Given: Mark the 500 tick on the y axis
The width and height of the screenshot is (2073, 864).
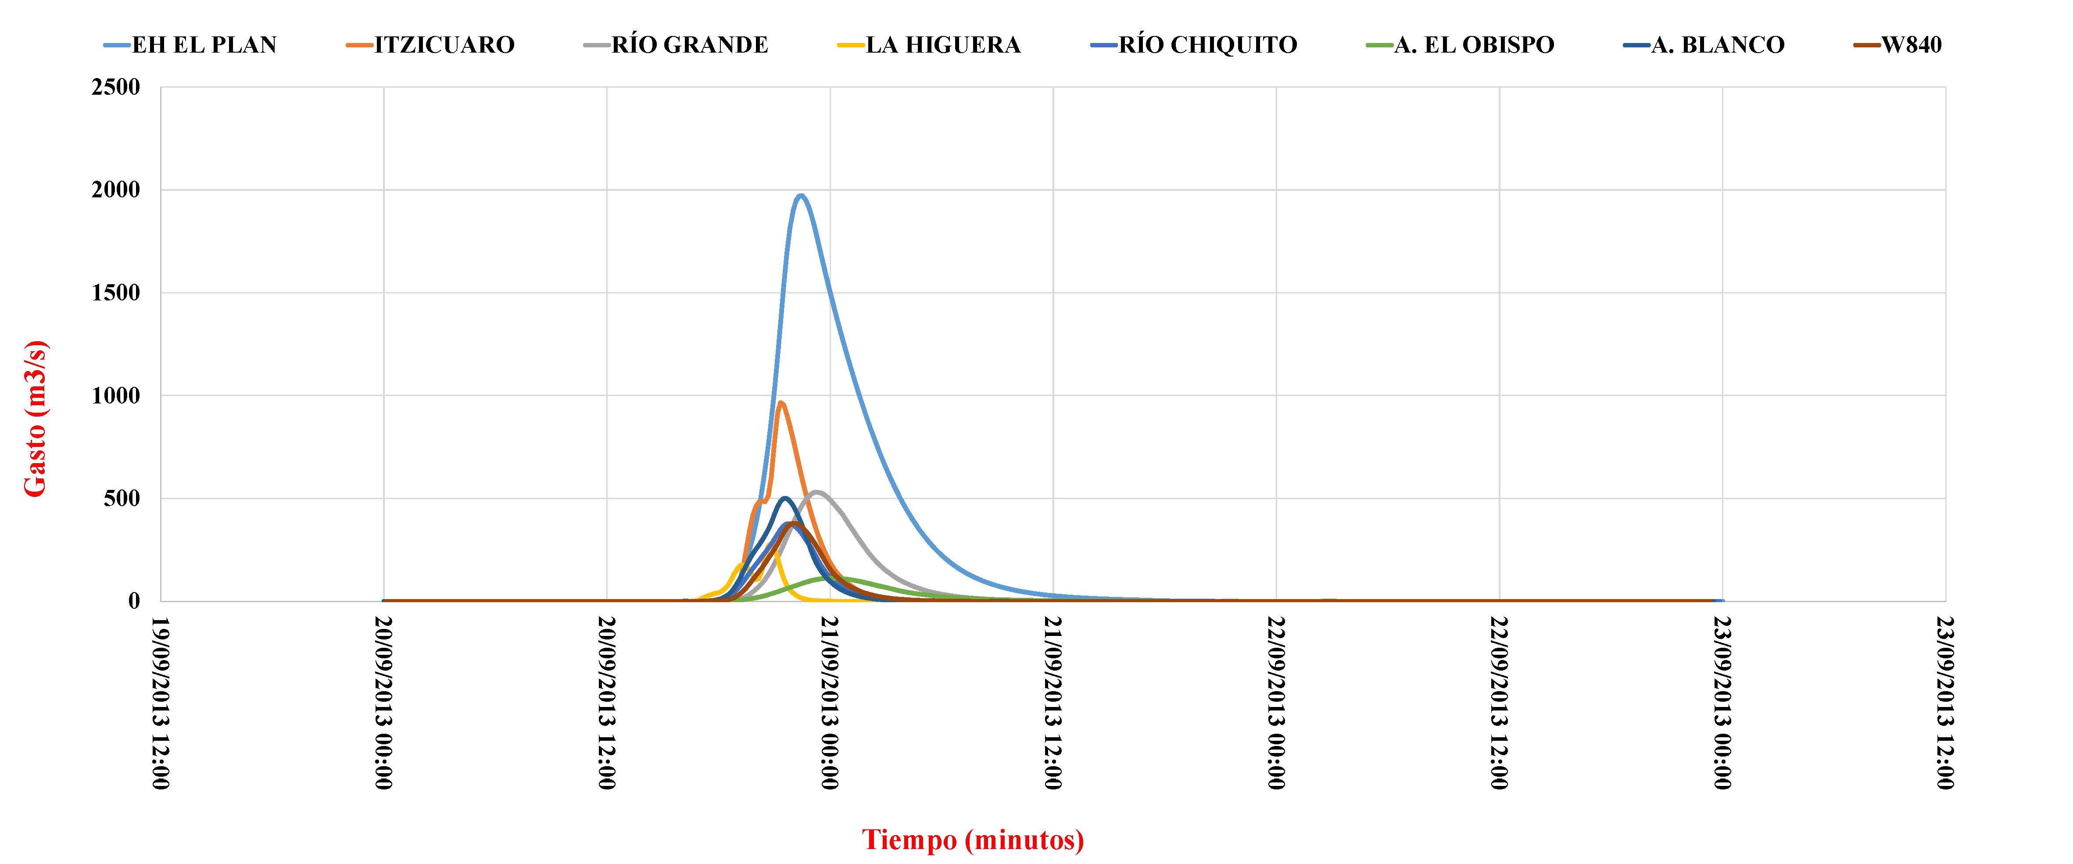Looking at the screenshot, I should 122,499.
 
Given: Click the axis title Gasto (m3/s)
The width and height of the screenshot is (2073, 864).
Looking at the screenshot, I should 36,418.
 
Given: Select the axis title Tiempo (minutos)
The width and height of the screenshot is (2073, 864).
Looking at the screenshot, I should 973,840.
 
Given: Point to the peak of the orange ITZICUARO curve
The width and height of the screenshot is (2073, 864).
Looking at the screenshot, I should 780,403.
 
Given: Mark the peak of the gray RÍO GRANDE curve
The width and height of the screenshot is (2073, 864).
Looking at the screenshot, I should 817,492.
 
